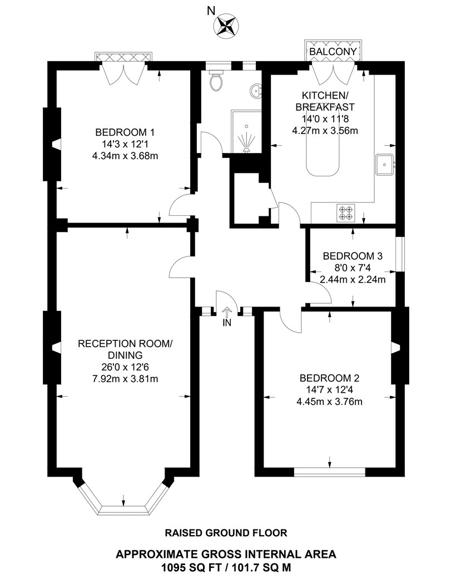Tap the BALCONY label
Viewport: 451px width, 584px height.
click(x=333, y=51)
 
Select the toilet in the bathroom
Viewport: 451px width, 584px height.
click(x=216, y=82)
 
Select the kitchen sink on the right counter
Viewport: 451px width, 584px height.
click(x=385, y=164)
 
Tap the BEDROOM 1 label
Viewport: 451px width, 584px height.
click(x=125, y=132)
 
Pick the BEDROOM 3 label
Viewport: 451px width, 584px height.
click(x=353, y=256)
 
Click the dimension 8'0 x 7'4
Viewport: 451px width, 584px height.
click(x=353, y=268)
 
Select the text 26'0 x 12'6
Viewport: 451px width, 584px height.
click(x=125, y=368)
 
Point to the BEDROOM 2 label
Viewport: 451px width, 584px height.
click(x=330, y=377)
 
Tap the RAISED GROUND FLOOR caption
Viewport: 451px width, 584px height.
click(x=226, y=533)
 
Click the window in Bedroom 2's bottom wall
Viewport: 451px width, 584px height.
click(x=330, y=472)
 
